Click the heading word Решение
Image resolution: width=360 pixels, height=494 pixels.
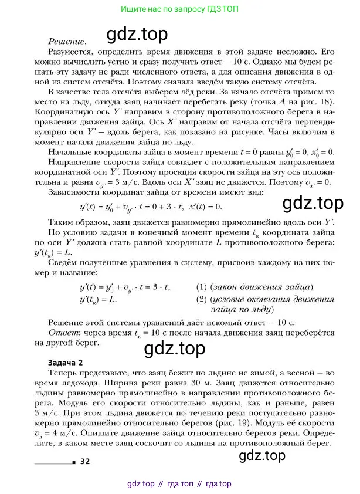pyautogui.click(x=66, y=42)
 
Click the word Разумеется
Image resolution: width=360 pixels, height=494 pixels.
pyautogui.click(x=73, y=52)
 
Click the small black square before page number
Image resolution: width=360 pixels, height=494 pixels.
pyautogui.click(x=73, y=462)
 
